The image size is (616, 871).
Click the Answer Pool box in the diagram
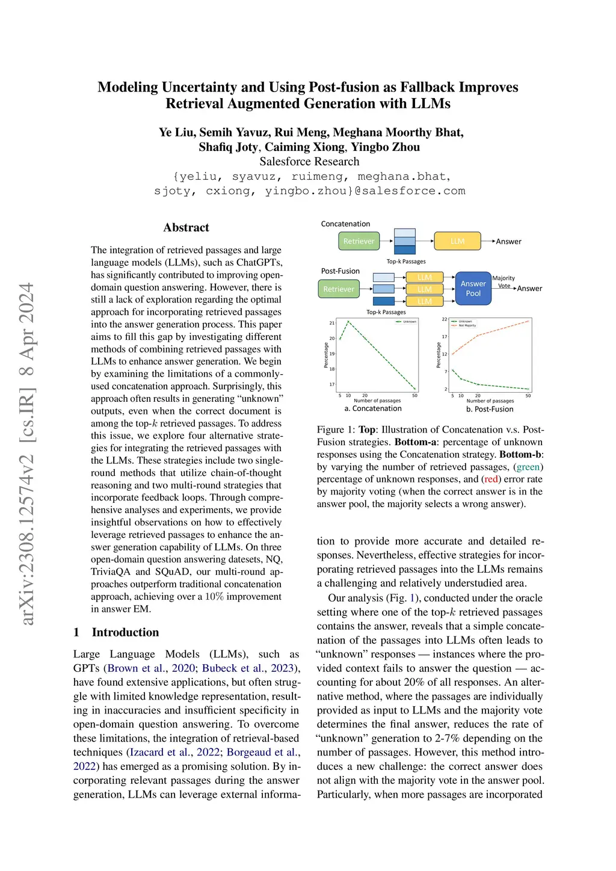[473, 288]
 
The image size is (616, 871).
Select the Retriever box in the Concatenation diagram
[359, 241]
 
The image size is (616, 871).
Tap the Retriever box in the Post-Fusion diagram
[339, 289]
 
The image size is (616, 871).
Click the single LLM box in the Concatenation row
[457, 241]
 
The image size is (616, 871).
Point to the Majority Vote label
[504, 282]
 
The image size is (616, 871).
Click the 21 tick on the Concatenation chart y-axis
[332, 323]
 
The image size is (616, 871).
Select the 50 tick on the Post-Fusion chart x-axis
[528, 396]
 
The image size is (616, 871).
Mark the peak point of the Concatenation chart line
[348, 322]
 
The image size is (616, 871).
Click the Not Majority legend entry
[467, 325]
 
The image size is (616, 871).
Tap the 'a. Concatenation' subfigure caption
[373, 408]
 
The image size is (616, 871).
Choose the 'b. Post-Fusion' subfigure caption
[490, 409]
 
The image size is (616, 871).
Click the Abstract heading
[186, 227]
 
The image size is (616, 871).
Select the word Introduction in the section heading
[125, 632]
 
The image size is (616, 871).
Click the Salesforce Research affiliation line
[309, 161]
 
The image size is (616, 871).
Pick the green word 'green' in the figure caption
[528, 467]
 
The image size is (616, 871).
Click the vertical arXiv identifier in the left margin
[27, 454]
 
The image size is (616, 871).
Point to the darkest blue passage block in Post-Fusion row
[384, 301]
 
